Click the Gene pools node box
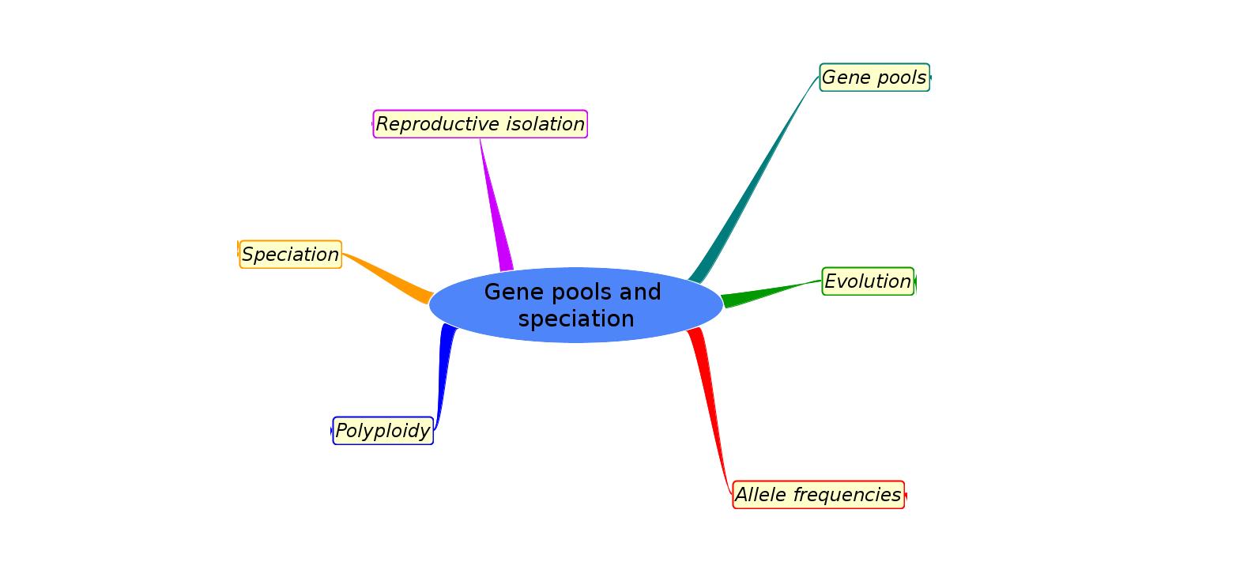click(x=874, y=77)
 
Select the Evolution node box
click(x=868, y=281)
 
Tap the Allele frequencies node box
click(x=818, y=495)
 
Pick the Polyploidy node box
click(x=383, y=431)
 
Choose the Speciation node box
click(x=290, y=255)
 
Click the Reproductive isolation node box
click(x=480, y=124)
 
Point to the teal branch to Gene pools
click(x=751, y=182)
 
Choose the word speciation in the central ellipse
click(x=576, y=319)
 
